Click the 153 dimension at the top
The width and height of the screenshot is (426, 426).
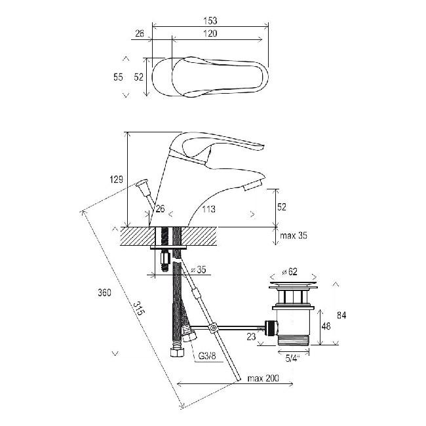tap(210, 20)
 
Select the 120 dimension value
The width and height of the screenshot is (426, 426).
tap(210, 33)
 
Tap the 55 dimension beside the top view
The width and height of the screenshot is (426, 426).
tap(118, 77)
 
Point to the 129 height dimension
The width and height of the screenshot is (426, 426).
tap(116, 180)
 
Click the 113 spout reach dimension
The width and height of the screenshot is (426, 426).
tap(208, 209)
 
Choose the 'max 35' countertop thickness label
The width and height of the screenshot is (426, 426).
tap(294, 235)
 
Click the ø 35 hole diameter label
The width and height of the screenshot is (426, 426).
tap(199, 269)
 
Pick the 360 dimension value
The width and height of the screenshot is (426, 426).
tap(105, 292)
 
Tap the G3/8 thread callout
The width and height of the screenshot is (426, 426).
tap(207, 356)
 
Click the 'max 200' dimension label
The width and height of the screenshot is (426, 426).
tap(263, 378)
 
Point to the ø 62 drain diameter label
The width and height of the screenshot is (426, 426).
tap(289, 271)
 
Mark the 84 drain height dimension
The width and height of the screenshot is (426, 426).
tap(341, 315)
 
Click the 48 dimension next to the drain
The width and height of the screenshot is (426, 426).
tap(326, 326)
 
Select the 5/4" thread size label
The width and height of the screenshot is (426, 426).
tap(292, 358)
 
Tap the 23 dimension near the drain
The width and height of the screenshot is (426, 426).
tap(251, 337)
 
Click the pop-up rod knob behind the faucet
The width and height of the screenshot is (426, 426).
tap(143, 186)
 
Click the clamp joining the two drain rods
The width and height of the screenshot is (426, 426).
tap(212, 328)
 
